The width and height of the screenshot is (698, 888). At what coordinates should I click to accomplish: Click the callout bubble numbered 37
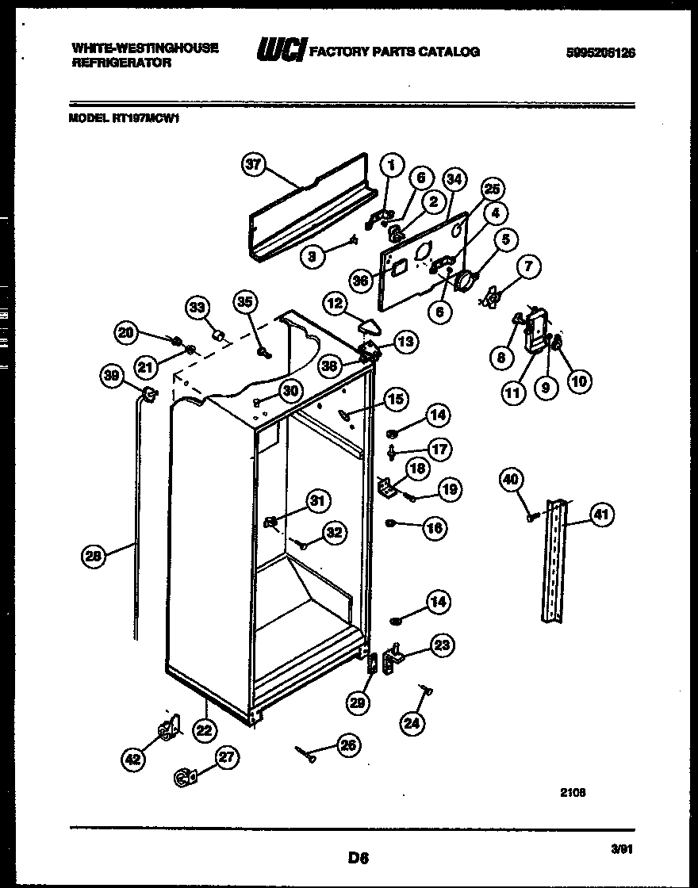252,165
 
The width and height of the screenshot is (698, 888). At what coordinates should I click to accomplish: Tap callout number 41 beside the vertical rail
602,516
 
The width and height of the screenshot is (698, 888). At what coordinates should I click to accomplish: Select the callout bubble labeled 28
94,557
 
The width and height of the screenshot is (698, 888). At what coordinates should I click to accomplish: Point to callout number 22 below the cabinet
205,730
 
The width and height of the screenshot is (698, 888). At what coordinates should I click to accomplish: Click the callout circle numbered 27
227,757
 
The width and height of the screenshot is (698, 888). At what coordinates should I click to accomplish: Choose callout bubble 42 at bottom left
133,760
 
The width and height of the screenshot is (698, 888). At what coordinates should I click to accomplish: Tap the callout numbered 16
435,527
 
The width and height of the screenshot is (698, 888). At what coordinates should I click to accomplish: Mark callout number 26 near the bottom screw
347,744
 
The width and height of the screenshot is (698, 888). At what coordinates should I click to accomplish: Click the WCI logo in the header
279,51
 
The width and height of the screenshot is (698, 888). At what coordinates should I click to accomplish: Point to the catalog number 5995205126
600,53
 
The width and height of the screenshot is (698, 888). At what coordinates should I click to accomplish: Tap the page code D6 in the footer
359,856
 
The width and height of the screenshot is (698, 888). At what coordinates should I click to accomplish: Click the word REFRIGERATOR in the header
121,63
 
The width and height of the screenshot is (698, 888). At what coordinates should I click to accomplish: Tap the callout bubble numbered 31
317,500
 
